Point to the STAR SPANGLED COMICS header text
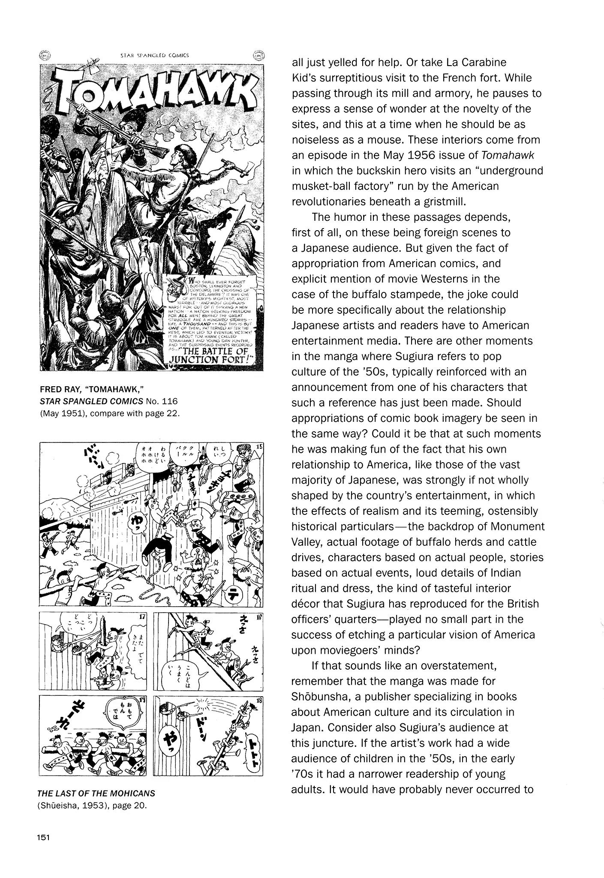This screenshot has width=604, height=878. click(151, 55)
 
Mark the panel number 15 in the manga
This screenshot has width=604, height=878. click(258, 448)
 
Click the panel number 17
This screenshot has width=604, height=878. click(143, 618)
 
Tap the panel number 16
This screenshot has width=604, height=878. click(258, 619)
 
